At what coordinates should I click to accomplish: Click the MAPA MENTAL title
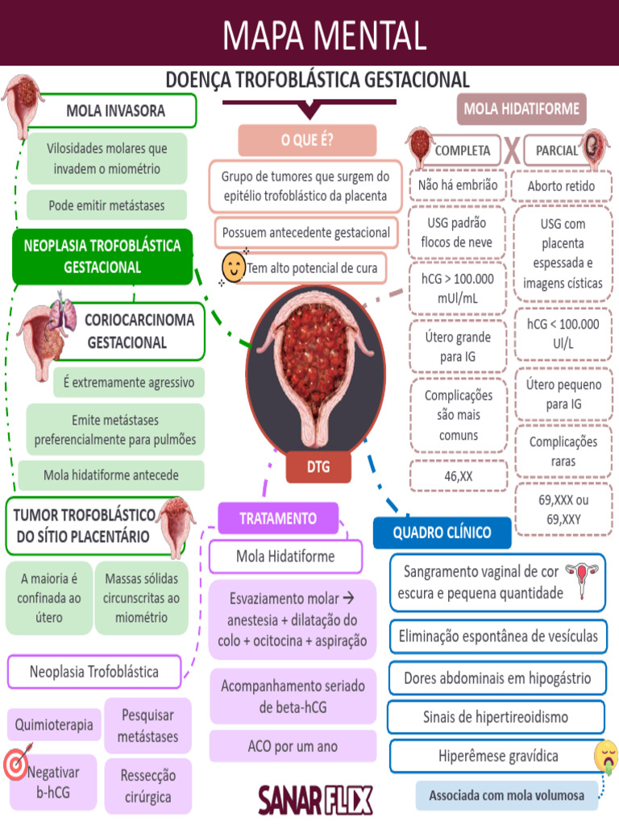pos(324,35)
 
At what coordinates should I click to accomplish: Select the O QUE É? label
pos(307,140)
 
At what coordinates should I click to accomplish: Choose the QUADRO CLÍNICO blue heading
pos(442,533)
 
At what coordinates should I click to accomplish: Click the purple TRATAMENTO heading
pos(278,518)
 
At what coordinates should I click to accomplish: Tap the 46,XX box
pos(458,476)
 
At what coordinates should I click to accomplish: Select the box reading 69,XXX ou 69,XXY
pos(563,509)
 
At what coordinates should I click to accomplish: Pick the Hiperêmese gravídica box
pos(497,757)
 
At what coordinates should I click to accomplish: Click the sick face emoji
pos(605,757)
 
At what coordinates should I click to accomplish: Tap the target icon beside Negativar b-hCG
pos(15,765)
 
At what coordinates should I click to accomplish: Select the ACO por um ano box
pos(293,747)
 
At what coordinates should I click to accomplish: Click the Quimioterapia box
pos(54,724)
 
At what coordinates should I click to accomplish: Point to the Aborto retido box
pos(561,186)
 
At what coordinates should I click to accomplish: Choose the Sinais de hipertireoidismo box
pos(496,716)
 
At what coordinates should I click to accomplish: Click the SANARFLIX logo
pos(315,800)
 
